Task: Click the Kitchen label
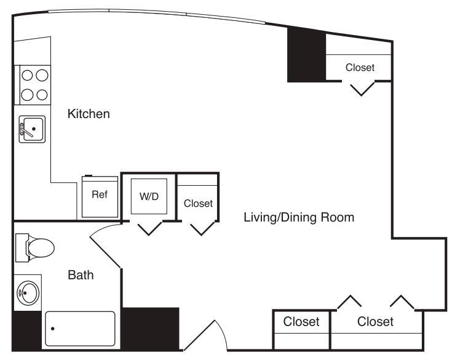[x=89, y=114]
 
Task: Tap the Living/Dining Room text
[x=299, y=217]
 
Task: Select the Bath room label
[x=81, y=275]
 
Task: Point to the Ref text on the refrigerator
[x=100, y=194]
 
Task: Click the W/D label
[x=149, y=198]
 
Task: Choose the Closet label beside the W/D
[x=198, y=203]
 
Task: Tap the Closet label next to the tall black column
[x=360, y=68]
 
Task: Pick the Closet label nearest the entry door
[x=301, y=322]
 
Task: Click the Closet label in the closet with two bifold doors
[x=375, y=322]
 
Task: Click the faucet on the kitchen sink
[x=24, y=129]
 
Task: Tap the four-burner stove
[x=35, y=85]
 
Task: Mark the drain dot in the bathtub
[x=53, y=329]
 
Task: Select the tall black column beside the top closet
[x=306, y=55]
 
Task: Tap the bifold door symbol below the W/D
[x=149, y=229]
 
